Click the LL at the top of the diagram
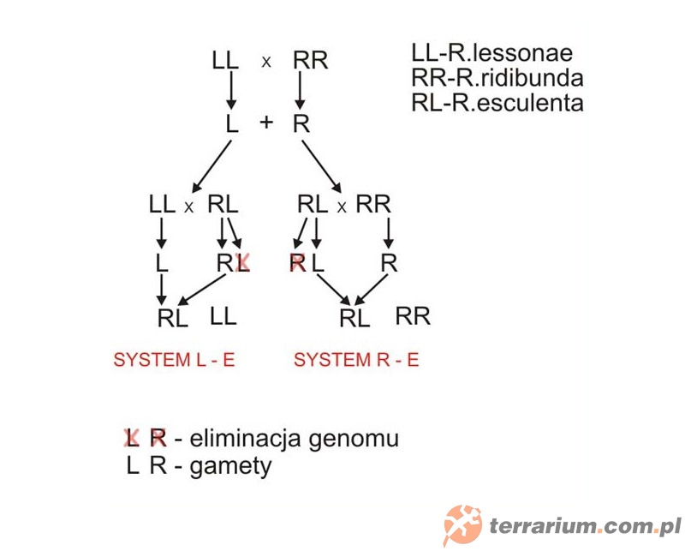225,61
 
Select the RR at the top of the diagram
310,61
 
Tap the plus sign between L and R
266,123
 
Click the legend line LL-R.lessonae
491,53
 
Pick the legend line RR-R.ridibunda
497,78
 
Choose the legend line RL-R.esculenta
497,103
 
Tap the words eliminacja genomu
295,439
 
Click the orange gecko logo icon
462,524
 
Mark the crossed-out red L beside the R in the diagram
242,263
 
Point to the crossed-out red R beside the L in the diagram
297,263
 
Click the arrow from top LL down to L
230,91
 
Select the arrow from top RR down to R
301,91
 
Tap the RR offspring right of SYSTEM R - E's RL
413,316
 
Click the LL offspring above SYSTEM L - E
223,316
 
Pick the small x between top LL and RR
266,62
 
